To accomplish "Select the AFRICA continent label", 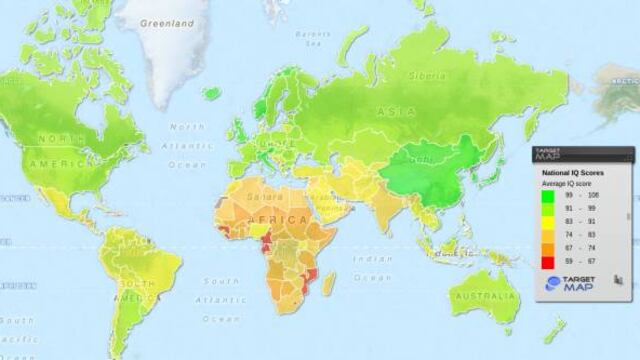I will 285,219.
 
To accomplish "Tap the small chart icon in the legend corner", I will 620,284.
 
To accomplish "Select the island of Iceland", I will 210,92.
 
